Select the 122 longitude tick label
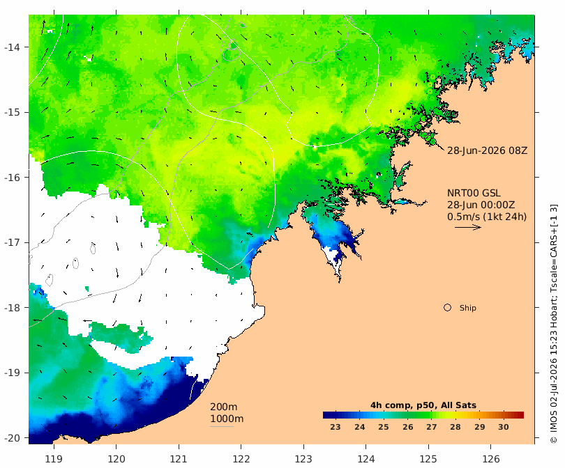(x=241, y=459)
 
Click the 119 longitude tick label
(x=54, y=459)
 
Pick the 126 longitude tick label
(x=491, y=459)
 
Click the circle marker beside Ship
(x=447, y=308)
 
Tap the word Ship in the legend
(x=468, y=308)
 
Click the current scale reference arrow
(x=468, y=227)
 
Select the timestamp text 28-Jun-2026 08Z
(x=487, y=150)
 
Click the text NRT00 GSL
(x=474, y=193)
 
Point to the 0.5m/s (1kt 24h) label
(x=487, y=217)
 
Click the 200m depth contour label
(x=223, y=407)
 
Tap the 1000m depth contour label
(x=227, y=419)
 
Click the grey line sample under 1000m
(x=222, y=427)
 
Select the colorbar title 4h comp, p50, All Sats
(x=423, y=405)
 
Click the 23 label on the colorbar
(x=336, y=427)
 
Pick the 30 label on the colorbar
(x=504, y=427)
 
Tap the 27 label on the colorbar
(x=432, y=427)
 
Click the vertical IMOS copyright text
(x=553, y=324)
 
